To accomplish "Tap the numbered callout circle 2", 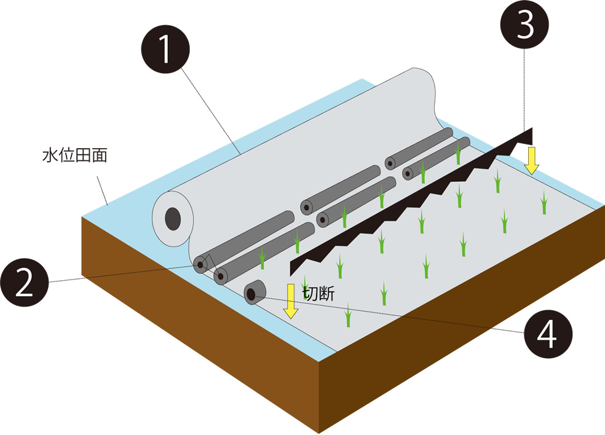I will [x=25, y=281].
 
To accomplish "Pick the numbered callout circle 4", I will [x=548, y=335].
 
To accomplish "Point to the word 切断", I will [x=319, y=294].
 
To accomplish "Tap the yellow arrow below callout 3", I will [x=532, y=160].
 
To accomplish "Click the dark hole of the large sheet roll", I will [x=173, y=218].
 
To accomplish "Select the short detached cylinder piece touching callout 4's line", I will [x=254, y=292].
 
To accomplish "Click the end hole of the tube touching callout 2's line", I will [x=200, y=265].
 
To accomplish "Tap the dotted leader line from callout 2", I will [x=123, y=274].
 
